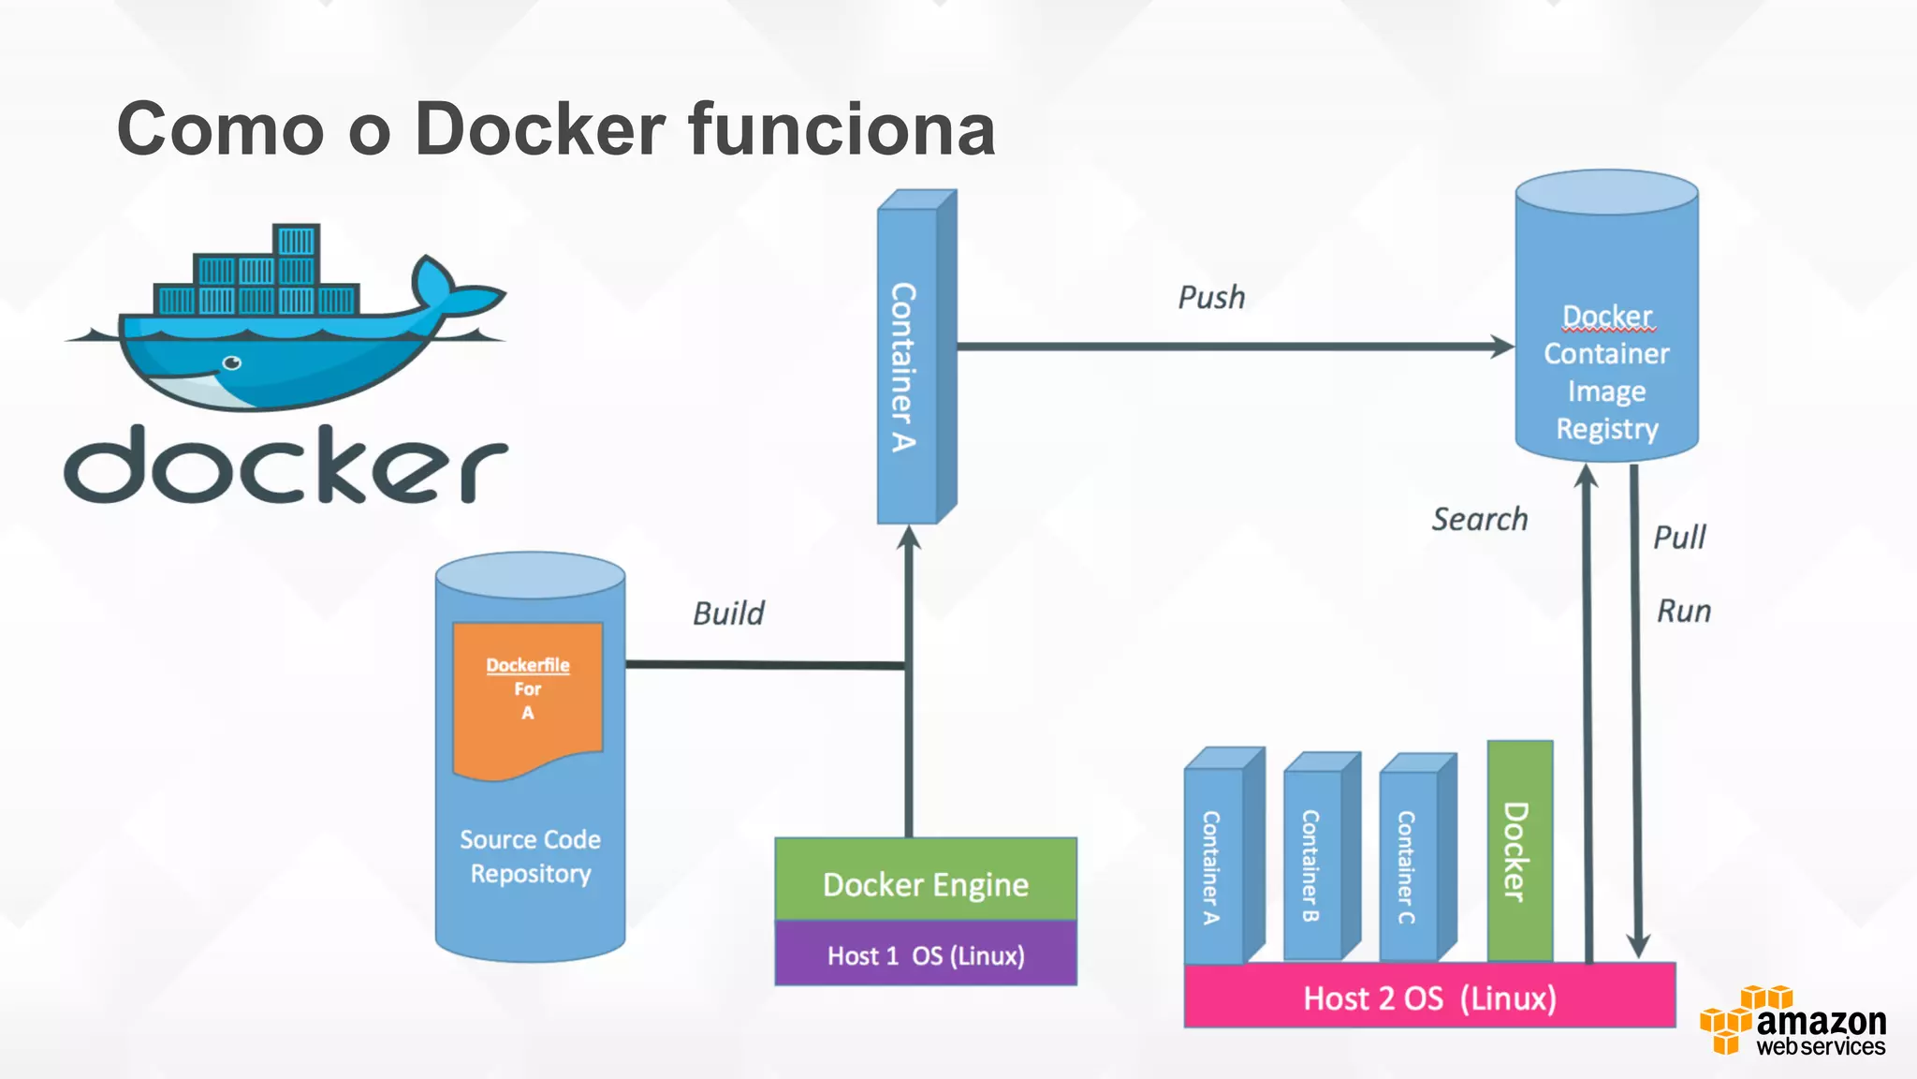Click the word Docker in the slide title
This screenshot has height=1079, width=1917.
[540, 129]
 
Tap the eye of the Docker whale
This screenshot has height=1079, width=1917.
[231, 362]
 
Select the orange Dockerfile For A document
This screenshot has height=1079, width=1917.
[527, 698]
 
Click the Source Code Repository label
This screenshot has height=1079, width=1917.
[530, 856]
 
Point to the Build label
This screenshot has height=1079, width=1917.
[728, 613]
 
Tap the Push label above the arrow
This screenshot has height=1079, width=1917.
[1211, 298]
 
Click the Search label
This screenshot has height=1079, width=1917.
[1479, 519]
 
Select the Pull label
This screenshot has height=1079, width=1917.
[1679, 538]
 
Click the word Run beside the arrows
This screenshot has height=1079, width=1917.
[1684, 612]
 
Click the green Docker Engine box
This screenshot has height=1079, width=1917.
[925, 882]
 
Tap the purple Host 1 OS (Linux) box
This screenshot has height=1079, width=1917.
[925, 955]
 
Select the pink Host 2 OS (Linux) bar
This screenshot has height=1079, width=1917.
[1428, 998]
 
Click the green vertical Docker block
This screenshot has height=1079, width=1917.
[1518, 850]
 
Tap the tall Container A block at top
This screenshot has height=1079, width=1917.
[905, 365]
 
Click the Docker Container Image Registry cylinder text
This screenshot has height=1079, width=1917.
[1606, 372]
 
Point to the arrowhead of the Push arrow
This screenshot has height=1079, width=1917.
[1502, 347]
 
